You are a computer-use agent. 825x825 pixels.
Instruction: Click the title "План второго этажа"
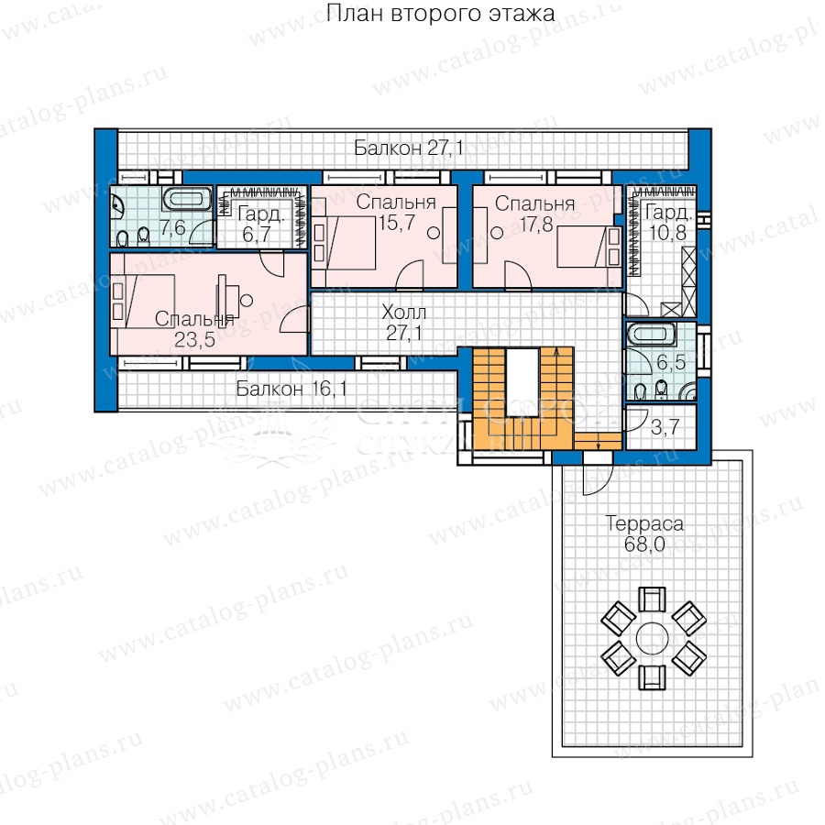pos(440,13)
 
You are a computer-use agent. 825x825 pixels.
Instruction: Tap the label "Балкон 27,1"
pos(409,148)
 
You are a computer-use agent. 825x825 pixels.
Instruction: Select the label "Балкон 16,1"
pos(291,389)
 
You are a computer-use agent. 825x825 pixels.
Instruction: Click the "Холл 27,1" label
pos(403,323)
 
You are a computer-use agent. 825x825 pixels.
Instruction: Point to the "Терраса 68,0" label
pos(644,533)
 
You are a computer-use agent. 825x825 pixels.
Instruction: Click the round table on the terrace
pos(652,638)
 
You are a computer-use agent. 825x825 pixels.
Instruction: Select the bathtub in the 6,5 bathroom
pos(651,335)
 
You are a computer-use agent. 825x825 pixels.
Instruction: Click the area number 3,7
pos(665,427)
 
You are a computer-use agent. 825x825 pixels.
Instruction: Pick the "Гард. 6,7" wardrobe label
pos(260,225)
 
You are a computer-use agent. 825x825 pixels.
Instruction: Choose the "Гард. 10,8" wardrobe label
pos(668,222)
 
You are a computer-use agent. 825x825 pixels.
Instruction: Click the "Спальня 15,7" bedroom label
pos(396,213)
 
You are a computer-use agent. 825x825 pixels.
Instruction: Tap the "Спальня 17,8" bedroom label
pos(535,214)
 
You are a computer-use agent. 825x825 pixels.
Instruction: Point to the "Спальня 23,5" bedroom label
pos(194,329)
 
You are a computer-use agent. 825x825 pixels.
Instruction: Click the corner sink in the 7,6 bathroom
pos(116,205)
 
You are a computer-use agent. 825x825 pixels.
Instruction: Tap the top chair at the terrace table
pos(652,599)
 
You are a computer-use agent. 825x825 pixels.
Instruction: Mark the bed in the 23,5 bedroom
pos(143,301)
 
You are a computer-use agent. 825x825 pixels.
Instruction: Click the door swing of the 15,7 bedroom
pos(410,275)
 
